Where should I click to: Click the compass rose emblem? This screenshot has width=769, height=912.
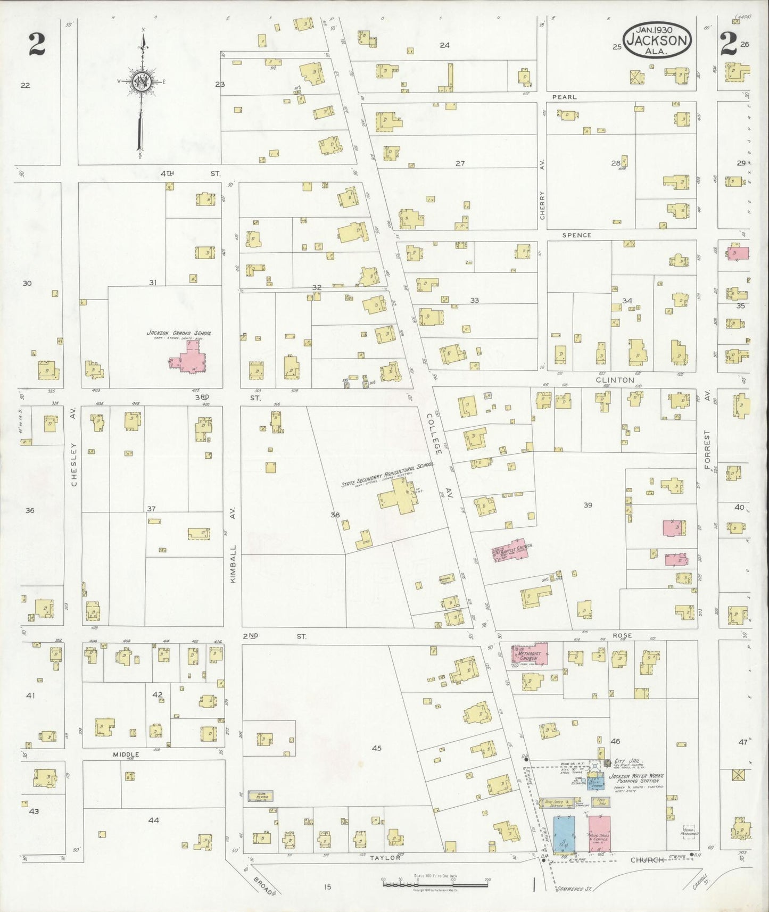pyautogui.click(x=142, y=82)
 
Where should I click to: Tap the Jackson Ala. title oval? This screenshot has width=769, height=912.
pyautogui.click(x=658, y=40)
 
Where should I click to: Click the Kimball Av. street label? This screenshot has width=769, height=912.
pyautogui.click(x=233, y=546)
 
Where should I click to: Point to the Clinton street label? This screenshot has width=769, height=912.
pyautogui.click(x=615, y=380)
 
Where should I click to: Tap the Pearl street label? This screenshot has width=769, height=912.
pyautogui.click(x=564, y=97)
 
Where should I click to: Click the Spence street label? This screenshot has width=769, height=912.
pyautogui.click(x=576, y=235)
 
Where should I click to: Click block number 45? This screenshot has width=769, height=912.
pyautogui.click(x=376, y=748)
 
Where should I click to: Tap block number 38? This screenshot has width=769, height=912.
pyautogui.click(x=335, y=515)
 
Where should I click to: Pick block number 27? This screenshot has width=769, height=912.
pyautogui.click(x=460, y=163)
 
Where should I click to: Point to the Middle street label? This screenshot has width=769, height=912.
pyautogui.click(x=126, y=754)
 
